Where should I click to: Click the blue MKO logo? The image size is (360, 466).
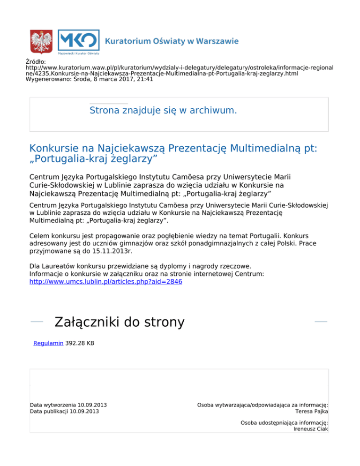click(78, 40)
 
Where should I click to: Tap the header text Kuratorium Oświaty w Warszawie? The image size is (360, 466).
click(172, 41)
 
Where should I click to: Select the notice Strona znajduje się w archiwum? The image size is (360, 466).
click(163, 111)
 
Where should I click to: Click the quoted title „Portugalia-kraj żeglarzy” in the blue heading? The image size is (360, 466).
click(93, 159)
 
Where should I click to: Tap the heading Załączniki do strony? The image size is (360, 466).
click(120, 323)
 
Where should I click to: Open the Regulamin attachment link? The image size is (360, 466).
click(48, 343)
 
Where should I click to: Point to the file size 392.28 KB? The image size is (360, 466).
click(80, 343)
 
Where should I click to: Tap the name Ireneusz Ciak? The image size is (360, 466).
click(310, 429)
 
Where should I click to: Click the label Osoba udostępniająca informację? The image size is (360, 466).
click(284, 422)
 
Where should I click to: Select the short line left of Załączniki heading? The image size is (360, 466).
click(37, 322)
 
